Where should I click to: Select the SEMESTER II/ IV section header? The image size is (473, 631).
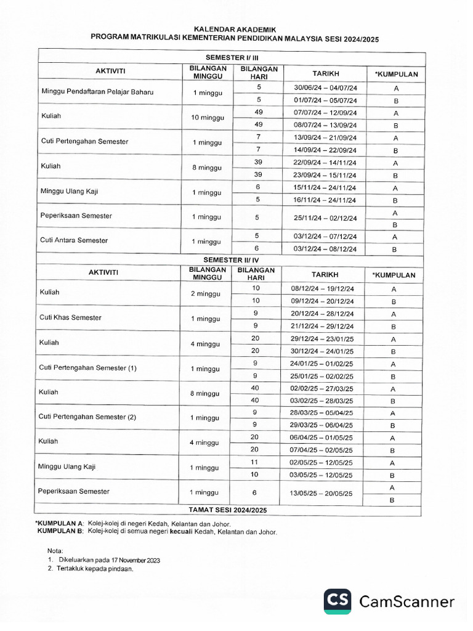tap(231, 260)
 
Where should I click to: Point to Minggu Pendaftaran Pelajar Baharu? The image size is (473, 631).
tap(97, 92)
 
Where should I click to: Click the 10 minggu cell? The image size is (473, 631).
tap(208, 117)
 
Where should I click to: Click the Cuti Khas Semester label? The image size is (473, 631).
tap(70, 317)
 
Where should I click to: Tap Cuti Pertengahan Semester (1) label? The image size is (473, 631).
tap(87, 368)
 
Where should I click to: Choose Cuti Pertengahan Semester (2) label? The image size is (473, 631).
tap(87, 417)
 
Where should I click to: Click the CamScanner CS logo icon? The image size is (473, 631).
tap(338, 601)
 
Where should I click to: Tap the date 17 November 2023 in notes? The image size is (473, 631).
tap(136, 560)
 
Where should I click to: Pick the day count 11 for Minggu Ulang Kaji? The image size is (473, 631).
tap(255, 462)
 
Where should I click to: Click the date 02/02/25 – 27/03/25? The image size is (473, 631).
tap(326, 389)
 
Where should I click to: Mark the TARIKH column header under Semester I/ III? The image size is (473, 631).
tap(326, 73)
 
